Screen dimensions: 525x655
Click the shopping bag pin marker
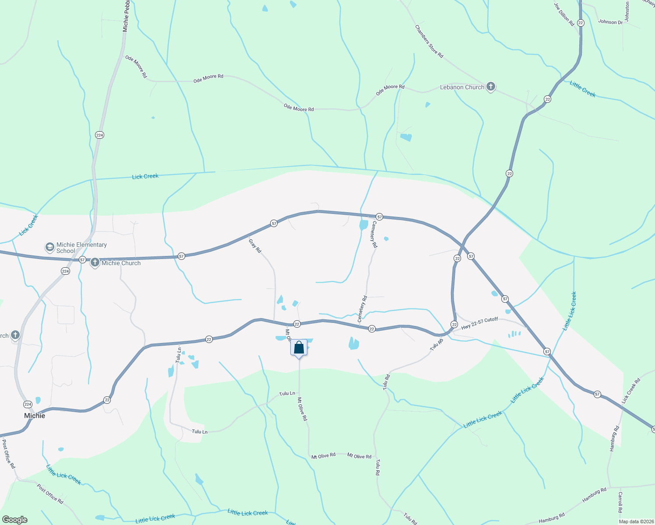pyautogui.click(x=299, y=348)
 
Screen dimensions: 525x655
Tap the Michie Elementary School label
pyautogui.click(x=81, y=248)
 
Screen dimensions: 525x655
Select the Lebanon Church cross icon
pyautogui.click(x=491, y=87)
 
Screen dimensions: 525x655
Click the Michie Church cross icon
pyautogui.click(x=95, y=263)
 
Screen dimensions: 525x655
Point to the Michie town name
pyautogui.click(x=35, y=416)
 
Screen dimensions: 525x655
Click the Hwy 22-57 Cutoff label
pyautogui.click(x=479, y=323)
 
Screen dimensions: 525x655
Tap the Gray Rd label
pyautogui.click(x=255, y=246)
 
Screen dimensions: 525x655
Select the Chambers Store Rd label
pyautogui.click(x=429, y=41)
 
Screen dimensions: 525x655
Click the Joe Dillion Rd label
pyautogui.click(x=564, y=14)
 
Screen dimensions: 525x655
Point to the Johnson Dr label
pyautogui.click(x=610, y=22)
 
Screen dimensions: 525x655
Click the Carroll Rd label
pyautogui.click(x=620, y=502)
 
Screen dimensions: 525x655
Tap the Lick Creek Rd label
pyautogui.click(x=631, y=391)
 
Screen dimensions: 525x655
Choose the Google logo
pyautogui.click(x=15, y=520)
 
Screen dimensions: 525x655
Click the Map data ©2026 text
pyautogui.click(x=636, y=521)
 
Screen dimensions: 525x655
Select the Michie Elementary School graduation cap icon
pyautogui.click(x=50, y=248)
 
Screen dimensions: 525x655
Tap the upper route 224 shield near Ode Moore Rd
pyautogui.click(x=99, y=135)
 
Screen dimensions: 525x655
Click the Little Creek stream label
pyautogui.click(x=582, y=89)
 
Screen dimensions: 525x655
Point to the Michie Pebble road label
pyautogui.click(x=126, y=16)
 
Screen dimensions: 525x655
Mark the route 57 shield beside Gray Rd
pyautogui.click(x=274, y=224)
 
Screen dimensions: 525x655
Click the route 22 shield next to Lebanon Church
pyautogui.click(x=547, y=99)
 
